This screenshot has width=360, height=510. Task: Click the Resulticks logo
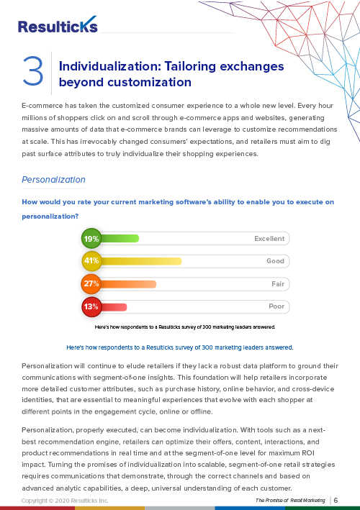[x=58, y=24]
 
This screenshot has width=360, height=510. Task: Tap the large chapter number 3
[x=33, y=71]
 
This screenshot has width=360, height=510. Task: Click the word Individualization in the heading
[x=110, y=66]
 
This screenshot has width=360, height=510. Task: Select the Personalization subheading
[x=53, y=180]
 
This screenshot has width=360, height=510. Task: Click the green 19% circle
[x=91, y=238]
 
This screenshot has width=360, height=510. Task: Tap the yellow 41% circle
[x=91, y=261]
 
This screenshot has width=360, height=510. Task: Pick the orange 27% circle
[x=91, y=283]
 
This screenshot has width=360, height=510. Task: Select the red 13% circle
[x=91, y=306]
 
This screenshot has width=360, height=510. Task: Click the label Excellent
[x=269, y=238]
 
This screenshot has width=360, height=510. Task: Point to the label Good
[x=275, y=261]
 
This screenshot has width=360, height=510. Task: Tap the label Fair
[x=278, y=284]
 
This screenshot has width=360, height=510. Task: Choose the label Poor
[x=276, y=306]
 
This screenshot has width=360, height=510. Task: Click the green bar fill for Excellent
[x=120, y=238]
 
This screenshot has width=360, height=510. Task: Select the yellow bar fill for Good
[x=141, y=261]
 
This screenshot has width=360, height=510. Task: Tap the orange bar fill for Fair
[x=128, y=284]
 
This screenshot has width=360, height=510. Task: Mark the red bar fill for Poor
[x=114, y=306]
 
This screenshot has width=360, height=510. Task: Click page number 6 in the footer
[x=336, y=500]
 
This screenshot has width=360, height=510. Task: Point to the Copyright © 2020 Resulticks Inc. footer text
[x=65, y=501]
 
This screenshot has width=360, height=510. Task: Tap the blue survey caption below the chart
[x=180, y=347]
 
